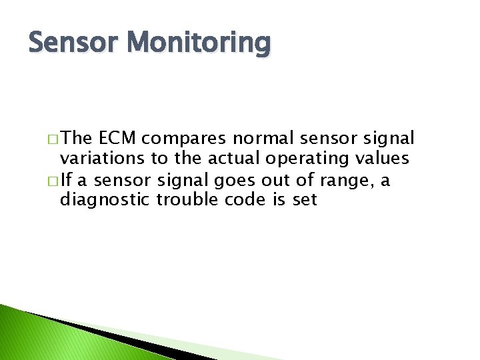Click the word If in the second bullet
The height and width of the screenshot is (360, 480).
click(x=66, y=179)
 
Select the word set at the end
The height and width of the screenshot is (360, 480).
click(x=304, y=200)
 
